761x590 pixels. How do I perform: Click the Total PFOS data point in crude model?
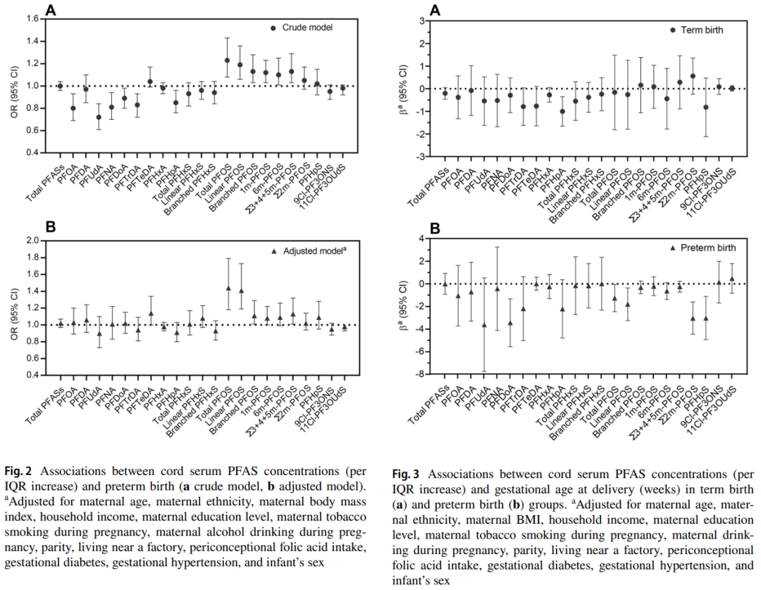227,61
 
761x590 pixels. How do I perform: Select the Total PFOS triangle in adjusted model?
227,288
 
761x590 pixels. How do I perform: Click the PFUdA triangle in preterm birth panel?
484,325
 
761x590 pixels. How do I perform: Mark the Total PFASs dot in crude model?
60,86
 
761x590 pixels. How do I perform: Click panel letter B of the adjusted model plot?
51,228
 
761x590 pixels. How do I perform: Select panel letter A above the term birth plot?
435,10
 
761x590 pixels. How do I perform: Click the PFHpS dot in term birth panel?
705,107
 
